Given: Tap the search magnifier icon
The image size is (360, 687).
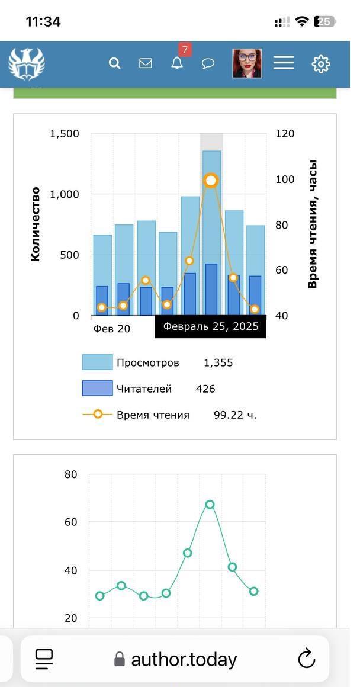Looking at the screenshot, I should tap(115, 63).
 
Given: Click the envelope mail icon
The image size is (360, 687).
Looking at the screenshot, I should tap(146, 63).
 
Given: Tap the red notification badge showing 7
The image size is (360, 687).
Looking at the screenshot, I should tap(185, 50).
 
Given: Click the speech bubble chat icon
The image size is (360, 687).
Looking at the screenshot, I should tap(208, 63).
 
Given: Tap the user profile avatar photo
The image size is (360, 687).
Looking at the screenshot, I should tap(247, 63).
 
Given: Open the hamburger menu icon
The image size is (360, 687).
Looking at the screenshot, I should tap(284, 63).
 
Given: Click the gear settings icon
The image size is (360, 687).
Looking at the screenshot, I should tap(321, 63).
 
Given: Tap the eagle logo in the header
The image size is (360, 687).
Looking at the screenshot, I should tap(27, 64).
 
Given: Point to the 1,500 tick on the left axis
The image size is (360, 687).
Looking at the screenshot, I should tap(65, 134).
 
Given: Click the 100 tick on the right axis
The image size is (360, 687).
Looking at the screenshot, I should tap(285, 179).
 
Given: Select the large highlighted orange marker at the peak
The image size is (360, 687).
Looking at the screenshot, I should tap(211, 181).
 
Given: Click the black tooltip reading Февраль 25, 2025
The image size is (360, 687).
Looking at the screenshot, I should tap(210, 326).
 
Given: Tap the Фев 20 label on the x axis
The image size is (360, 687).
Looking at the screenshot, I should tap(111, 329).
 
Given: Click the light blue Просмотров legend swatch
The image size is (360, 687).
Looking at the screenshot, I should tap(97, 362).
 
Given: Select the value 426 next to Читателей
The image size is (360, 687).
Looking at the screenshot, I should tap(205, 389).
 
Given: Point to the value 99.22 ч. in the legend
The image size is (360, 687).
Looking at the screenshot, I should tap(235, 415).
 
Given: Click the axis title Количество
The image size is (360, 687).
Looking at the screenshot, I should tap(36, 224).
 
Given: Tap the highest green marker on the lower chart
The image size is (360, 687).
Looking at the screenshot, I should tap(210, 505).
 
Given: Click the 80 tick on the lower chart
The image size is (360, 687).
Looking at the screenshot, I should tap(71, 474).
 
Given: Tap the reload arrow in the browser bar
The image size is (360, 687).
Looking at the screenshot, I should tap(306, 659).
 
